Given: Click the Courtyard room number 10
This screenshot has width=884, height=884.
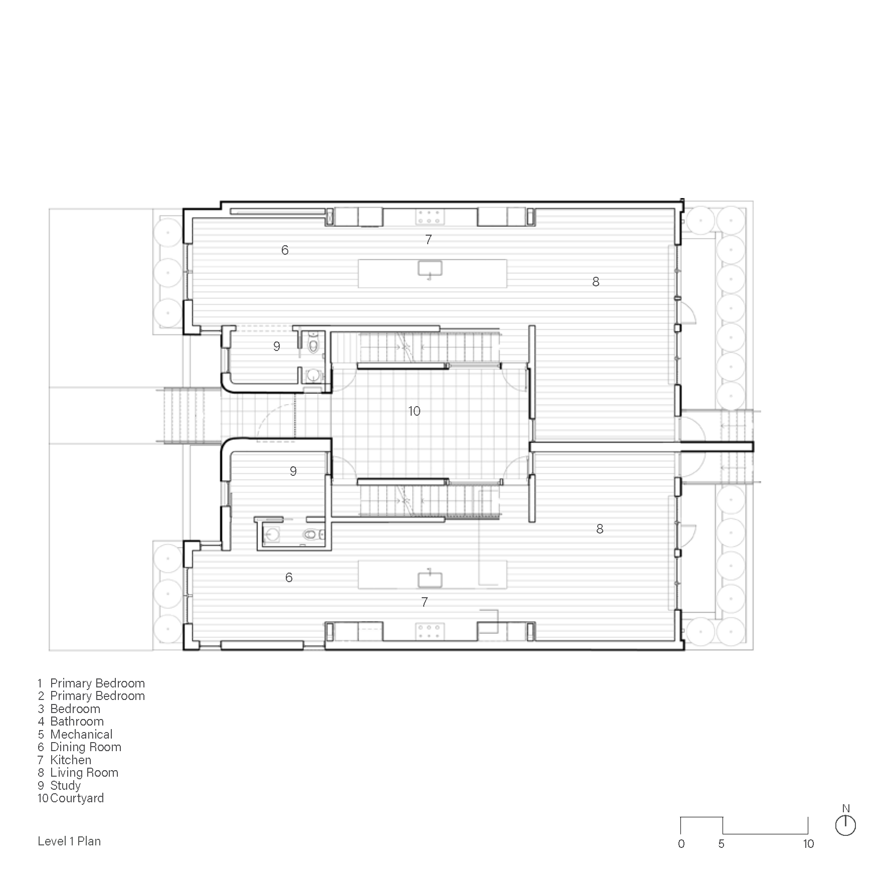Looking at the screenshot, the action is pyautogui.click(x=414, y=411).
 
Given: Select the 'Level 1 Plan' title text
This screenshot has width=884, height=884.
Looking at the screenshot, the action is pyautogui.click(x=69, y=841).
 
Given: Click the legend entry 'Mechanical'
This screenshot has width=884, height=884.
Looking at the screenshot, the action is pyautogui.click(x=81, y=735).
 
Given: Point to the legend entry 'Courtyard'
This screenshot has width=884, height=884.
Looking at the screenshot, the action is pyautogui.click(x=77, y=798).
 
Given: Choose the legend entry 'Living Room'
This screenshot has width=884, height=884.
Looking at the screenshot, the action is pyautogui.click(x=84, y=773).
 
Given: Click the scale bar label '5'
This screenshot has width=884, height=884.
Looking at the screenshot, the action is pyautogui.click(x=721, y=844).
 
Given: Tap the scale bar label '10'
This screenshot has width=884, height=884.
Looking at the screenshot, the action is pyautogui.click(x=808, y=844).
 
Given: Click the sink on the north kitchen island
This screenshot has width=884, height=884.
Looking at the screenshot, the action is pyautogui.click(x=430, y=269).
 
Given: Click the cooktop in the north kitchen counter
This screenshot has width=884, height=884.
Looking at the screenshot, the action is pyautogui.click(x=430, y=217).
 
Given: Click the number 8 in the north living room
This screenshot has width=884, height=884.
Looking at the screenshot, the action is pyautogui.click(x=596, y=282).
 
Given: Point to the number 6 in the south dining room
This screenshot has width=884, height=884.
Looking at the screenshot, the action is pyautogui.click(x=289, y=578).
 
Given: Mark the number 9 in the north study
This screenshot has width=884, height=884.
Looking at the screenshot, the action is pyautogui.click(x=277, y=346).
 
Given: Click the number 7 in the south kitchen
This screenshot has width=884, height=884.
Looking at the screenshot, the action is pyautogui.click(x=425, y=602).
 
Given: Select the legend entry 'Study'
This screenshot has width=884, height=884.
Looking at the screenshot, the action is pyautogui.click(x=65, y=786).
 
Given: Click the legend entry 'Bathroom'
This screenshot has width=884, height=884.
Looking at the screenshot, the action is pyautogui.click(x=77, y=722).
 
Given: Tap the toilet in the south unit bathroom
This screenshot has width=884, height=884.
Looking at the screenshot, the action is pyautogui.click(x=311, y=535).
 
